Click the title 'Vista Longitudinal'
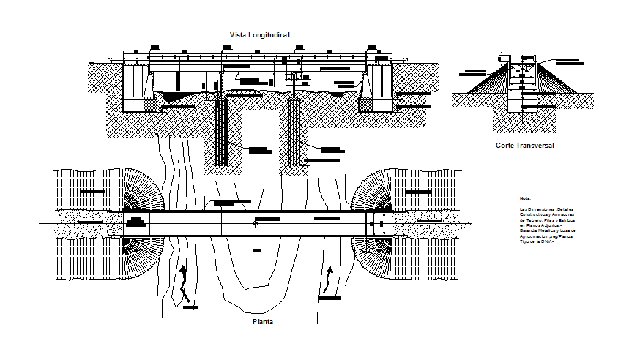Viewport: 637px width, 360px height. pos(259,34)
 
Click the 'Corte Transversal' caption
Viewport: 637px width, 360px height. pos(524,146)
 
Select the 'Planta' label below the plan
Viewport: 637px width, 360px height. pos(262,321)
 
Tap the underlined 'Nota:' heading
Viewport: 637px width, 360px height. pos(526,199)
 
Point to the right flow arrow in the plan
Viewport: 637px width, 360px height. pos(329,280)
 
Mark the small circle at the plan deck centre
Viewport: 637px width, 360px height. pos(255,223)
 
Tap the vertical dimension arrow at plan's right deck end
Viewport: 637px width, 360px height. pos(380,224)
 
